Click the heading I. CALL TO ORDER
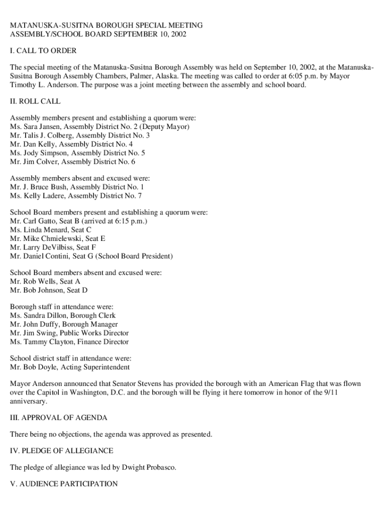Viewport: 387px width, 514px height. point(43,51)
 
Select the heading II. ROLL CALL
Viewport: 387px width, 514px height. point(35,101)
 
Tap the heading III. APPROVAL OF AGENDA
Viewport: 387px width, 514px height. point(59,418)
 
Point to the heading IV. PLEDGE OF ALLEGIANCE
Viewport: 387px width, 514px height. point(61,451)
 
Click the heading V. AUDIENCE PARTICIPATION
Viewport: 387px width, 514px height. point(64,484)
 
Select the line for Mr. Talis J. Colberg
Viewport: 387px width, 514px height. point(79,136)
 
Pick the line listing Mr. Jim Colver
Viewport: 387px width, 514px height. point(72,162)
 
